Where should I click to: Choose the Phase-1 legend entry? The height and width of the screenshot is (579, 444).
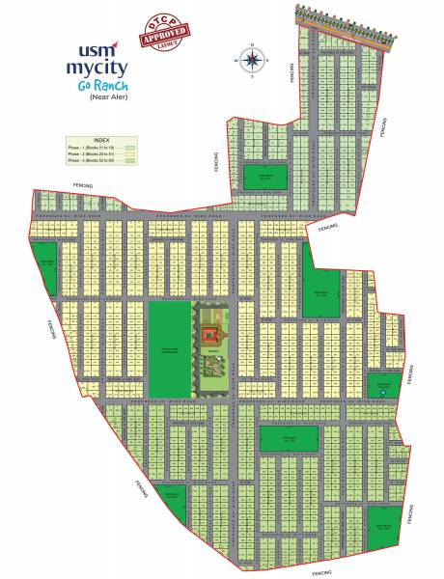(x=97, y=146)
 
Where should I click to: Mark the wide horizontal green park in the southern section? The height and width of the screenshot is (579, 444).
(x=289, y=439)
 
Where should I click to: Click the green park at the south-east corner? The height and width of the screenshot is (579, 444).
(x=383, y=525)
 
